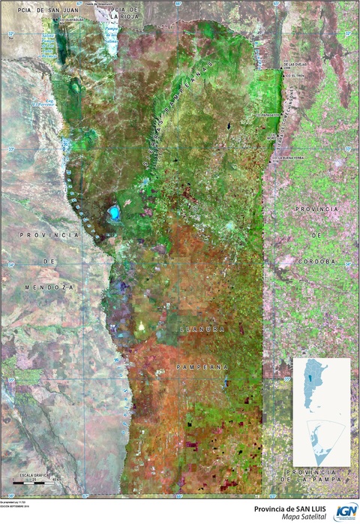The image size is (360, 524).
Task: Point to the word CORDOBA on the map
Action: [x=316, y=260]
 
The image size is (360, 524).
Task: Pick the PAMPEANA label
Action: [x=202, y=367]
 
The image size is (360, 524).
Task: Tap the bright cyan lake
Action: [x=115, y=215]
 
